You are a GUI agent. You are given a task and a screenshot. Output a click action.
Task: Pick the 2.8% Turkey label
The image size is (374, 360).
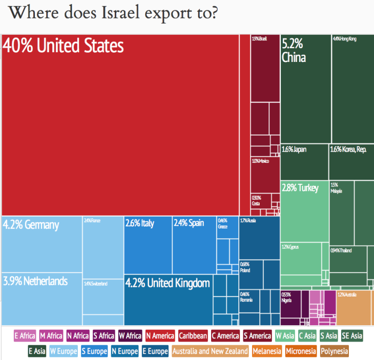300,188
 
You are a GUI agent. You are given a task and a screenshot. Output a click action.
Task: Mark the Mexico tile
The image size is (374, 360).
265,174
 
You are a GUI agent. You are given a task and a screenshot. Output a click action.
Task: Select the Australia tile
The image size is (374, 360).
354,307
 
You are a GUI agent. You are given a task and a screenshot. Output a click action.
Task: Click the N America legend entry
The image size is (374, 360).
160,336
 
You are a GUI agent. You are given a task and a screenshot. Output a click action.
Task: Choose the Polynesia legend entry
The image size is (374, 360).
335,351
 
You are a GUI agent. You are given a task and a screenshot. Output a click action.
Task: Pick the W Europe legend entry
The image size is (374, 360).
64,351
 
